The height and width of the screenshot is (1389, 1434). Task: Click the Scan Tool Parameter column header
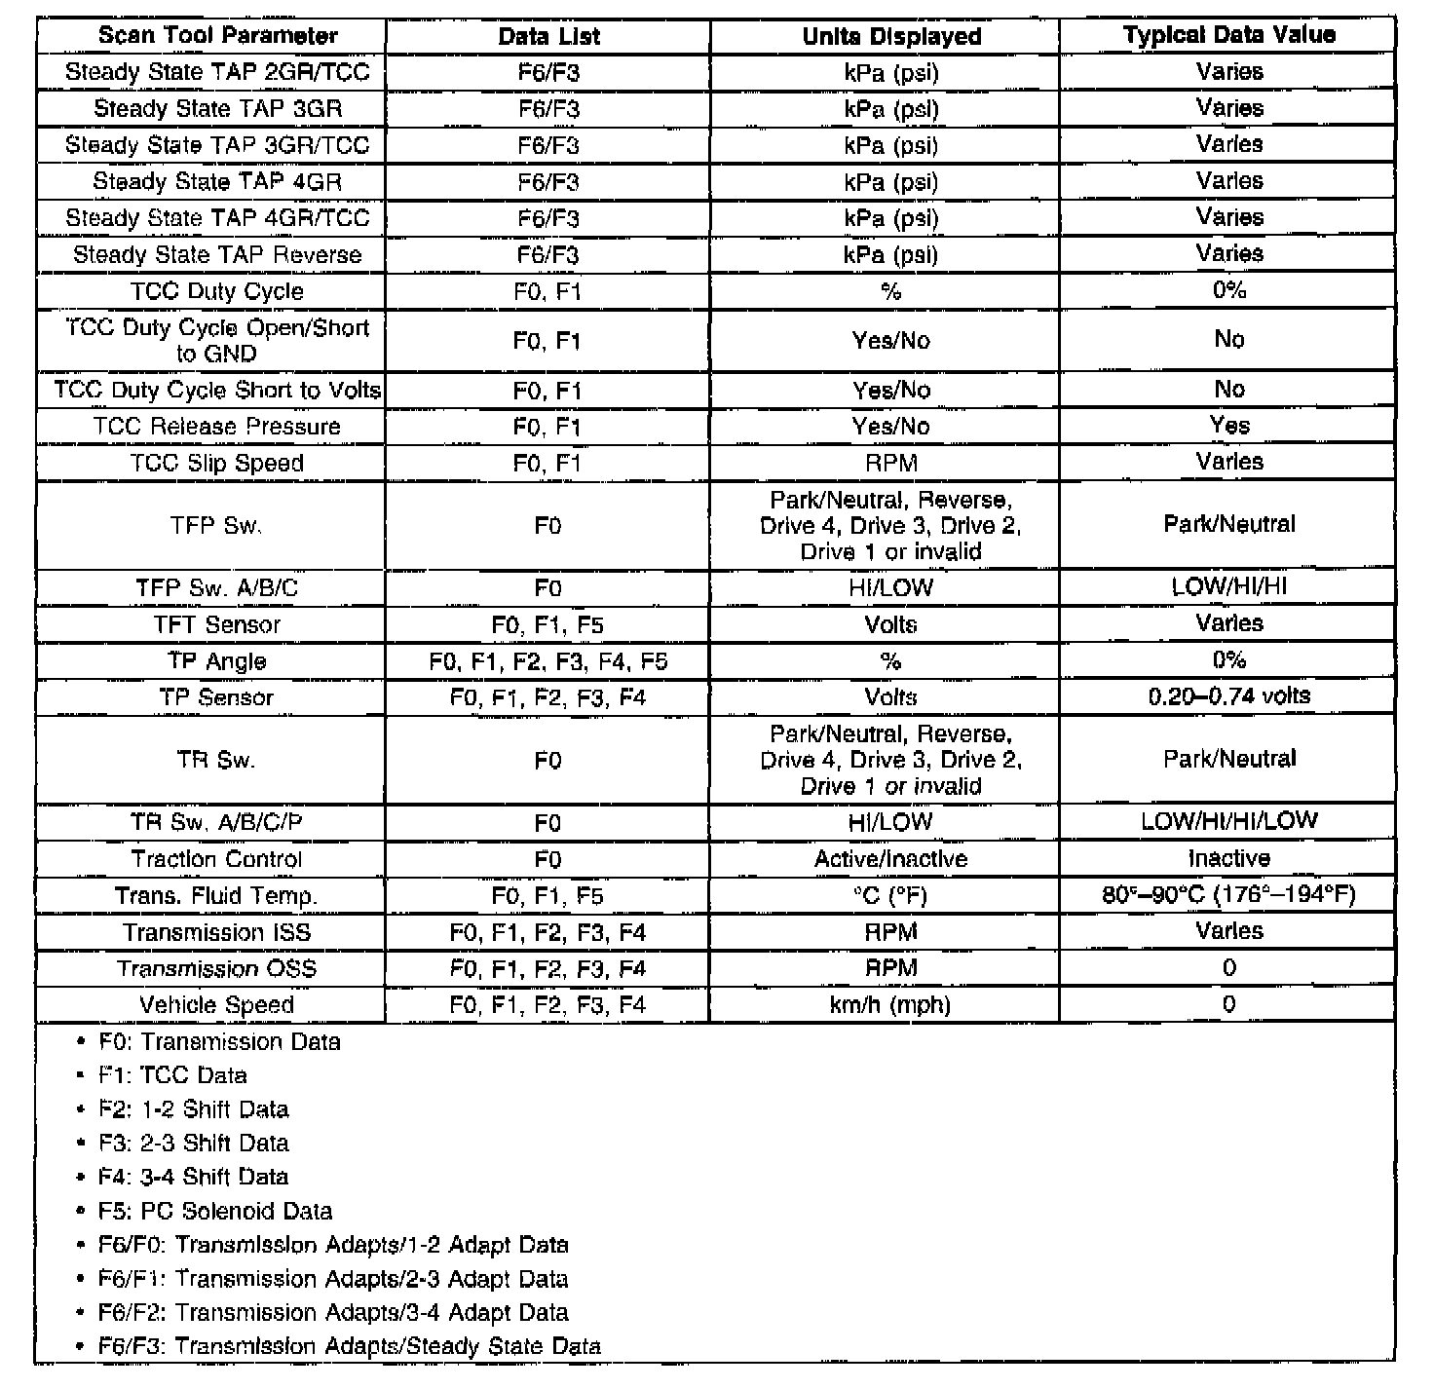217,36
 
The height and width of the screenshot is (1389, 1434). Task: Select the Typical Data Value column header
1228,35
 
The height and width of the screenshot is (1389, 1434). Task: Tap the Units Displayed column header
890,36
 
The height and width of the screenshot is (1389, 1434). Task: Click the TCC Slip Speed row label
216,464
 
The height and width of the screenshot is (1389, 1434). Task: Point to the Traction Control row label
216,859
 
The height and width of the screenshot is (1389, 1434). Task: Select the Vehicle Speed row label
216,1005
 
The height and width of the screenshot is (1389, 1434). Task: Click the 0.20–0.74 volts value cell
1228,696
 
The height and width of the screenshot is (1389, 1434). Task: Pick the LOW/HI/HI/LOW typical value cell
1228,821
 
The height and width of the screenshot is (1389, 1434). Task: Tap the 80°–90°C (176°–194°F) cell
1228,895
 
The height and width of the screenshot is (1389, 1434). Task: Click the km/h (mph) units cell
890,1005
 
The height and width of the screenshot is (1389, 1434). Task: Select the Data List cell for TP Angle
547,662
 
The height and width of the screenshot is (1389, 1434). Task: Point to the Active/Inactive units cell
890,859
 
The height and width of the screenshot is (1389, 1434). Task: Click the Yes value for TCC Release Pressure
1228,426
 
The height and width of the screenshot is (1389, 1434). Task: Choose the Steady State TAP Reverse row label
216,255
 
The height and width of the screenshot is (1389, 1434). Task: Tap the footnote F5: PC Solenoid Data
215,1212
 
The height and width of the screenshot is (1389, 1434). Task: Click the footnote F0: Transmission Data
219,1042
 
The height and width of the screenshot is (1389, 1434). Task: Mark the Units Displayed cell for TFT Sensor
890,625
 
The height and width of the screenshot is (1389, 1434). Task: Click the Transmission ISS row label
216,932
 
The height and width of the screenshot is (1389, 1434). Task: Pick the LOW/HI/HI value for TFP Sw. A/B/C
1228,587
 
